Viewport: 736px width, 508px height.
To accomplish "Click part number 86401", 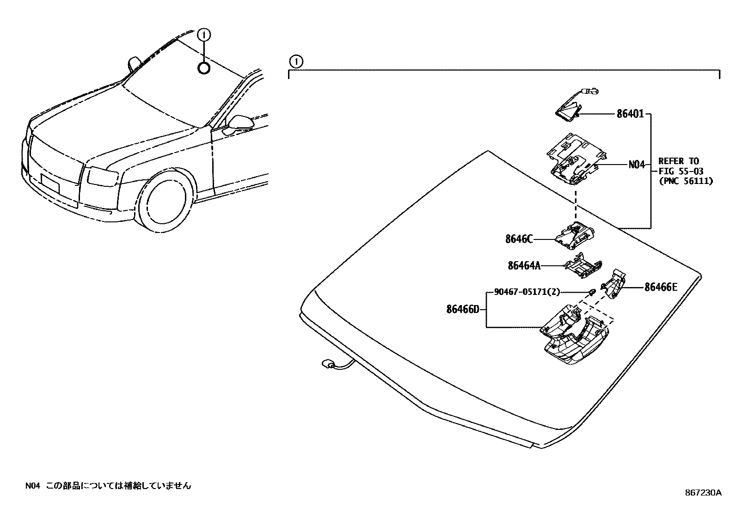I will point(630,113).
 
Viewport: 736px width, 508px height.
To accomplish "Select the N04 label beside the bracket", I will point(636,164).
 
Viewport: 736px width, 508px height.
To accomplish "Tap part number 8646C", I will point(519,239).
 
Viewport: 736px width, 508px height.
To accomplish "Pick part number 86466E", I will point(661,287).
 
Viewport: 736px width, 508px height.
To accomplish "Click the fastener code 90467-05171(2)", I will point(527,292).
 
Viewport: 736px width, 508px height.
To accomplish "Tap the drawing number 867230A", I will point(703,492).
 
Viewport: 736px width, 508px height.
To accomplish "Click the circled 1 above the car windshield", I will point(204,34).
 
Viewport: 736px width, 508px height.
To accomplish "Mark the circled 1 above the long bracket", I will point(295,61).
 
